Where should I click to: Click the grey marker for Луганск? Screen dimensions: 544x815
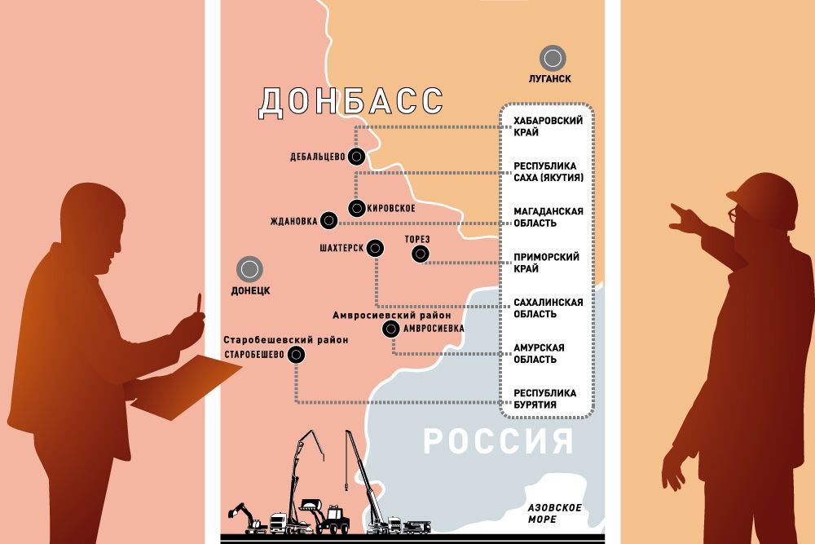553,58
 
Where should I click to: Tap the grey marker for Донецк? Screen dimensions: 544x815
249,268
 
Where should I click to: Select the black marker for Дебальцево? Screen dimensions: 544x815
355,157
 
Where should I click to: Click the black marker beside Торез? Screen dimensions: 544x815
421,254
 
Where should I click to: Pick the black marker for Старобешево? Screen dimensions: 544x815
296,354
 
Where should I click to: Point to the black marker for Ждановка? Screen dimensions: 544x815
328,220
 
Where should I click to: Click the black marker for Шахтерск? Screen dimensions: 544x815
375,247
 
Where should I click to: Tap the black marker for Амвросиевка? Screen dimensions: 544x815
391,329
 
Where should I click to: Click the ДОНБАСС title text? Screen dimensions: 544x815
351,102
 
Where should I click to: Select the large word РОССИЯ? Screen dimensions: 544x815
498,442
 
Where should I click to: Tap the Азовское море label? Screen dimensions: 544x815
554,513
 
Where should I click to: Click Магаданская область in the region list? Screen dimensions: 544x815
548,217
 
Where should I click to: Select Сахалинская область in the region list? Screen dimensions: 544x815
548,308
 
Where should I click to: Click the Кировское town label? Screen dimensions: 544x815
391,208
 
